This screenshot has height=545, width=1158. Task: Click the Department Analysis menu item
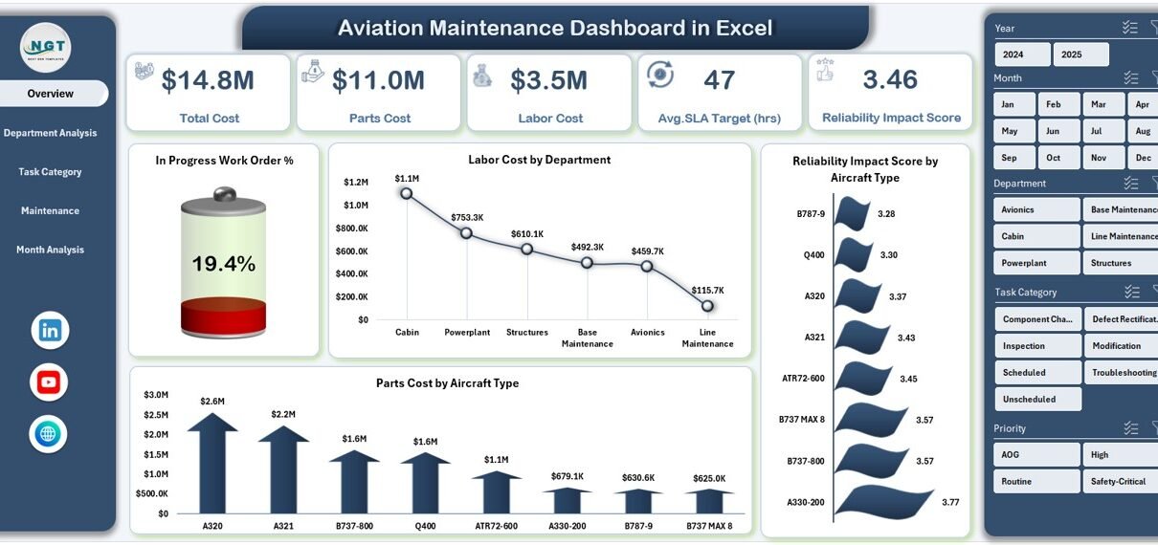point(50,133)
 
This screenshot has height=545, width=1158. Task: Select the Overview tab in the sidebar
point(51,94)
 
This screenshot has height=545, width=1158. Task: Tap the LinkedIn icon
point(50,331)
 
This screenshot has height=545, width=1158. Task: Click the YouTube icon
point(49,382)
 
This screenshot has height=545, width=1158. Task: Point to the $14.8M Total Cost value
point(208,80)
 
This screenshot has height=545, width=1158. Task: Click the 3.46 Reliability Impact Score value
point(890,79)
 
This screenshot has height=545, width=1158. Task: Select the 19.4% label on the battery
point(223,264)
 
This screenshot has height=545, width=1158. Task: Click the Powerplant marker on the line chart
point(466,232)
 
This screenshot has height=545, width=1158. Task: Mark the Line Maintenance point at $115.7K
point(707,306)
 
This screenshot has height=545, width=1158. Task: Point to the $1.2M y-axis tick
point(356,182)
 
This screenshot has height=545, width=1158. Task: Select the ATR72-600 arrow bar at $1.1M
point(496,491)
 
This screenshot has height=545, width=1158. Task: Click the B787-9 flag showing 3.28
point(852,212)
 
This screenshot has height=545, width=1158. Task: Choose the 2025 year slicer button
point(1080,54)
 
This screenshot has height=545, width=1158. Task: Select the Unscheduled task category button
point(1037,399)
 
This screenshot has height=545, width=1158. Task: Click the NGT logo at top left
point(46,46)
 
